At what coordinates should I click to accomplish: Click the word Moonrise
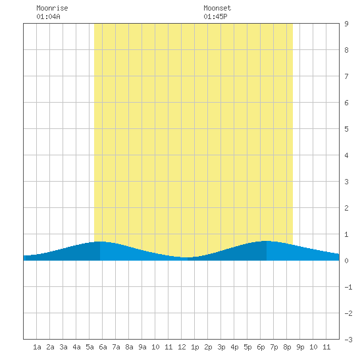[x=52, y=8]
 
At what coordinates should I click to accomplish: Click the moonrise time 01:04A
[x=48, y=16]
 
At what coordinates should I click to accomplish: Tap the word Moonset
[x=217, y=8]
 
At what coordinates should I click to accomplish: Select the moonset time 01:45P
[x=215, y=16]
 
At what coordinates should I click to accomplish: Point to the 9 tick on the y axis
[x=346, y=24]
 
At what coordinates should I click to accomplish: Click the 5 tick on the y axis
[x=346, y=129]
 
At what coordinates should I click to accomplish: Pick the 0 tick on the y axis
[x=346, y=261]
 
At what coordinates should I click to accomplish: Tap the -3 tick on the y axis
[x=348, y=340]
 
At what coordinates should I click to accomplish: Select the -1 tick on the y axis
[x=348, y=287]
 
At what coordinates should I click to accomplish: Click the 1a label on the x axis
[x=37, y=347]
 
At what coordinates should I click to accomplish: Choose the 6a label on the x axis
[x=103, y=347]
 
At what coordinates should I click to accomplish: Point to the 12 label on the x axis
[x=182, y=347]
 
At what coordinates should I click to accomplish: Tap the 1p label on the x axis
[x=195, y=347]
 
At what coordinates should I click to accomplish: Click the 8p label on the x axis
[x=287, y=347]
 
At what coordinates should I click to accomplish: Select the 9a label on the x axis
[x=142, y=347]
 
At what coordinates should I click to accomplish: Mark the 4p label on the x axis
[x=234, y=347]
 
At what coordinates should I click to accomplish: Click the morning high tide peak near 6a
[x=100, y=242]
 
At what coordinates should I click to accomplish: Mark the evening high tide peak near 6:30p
[x=267, y=241]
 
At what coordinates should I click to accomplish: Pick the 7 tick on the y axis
[x=346, y=76]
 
